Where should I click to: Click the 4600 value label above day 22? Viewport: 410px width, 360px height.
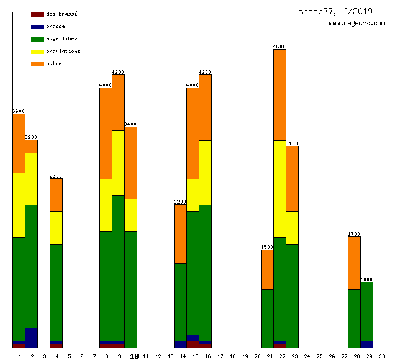point(280,47)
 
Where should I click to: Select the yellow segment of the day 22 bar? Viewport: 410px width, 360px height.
point(280,189)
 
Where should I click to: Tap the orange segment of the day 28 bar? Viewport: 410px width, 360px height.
point(354,263)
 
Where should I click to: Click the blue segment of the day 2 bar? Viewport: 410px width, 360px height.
point(31,338)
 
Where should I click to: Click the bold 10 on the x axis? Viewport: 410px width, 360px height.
point(134,356)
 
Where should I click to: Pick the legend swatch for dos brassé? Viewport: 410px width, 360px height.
point(37,14)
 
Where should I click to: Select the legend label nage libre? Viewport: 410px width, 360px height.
point(61,38)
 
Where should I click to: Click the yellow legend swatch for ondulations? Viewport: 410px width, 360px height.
point(37,51)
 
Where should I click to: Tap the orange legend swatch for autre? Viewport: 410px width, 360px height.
point(37,63)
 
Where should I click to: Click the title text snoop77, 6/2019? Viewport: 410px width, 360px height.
point(335,11)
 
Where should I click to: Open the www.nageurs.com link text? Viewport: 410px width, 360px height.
point(357,24)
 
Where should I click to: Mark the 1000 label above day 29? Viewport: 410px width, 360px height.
point(367,279)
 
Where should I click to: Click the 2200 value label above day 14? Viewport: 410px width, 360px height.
point(180,202)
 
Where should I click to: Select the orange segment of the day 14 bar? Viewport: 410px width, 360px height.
point(180,234)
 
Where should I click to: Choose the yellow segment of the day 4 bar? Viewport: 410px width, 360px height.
point(56,227)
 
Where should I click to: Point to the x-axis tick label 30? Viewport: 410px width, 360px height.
point(381,356)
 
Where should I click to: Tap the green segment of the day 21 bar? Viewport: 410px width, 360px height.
point(267,318)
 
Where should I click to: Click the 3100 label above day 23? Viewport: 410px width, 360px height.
point(292,143)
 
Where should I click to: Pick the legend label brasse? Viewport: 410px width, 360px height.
point(55,26)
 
